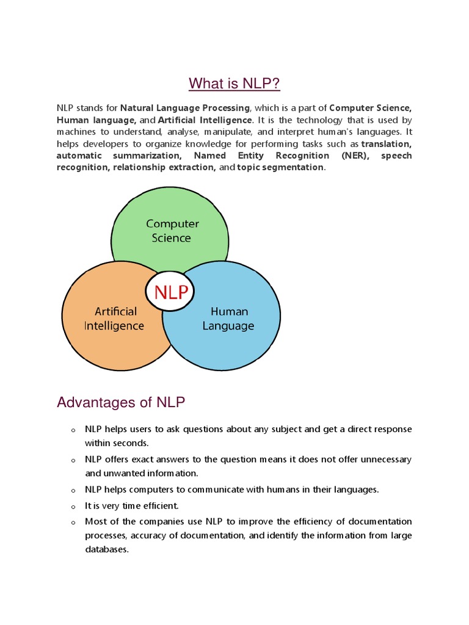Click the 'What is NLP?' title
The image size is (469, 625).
pos(234,83)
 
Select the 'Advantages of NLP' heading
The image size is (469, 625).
pos(120,402)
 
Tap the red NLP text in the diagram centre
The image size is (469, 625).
pos(171,292)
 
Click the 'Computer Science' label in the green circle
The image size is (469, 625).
pos(172,231)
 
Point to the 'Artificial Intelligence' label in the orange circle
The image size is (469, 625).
pos(114,319)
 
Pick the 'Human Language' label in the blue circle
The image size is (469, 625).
pos(228,319)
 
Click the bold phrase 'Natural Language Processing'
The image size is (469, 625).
pos(185,108)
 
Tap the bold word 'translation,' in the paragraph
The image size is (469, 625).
pos(386,144)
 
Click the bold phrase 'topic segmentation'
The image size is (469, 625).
pos(280,167)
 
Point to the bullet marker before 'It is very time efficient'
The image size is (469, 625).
pos(72,507)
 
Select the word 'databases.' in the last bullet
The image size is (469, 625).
pos(107,549)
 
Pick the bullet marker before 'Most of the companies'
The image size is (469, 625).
pos(72,522)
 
